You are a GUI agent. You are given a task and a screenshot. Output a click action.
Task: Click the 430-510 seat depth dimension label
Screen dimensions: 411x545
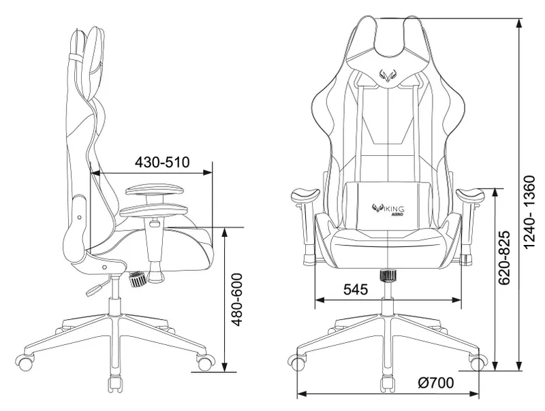coord(161,163)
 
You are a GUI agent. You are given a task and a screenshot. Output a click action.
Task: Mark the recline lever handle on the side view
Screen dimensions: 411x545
coord(91,291)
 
